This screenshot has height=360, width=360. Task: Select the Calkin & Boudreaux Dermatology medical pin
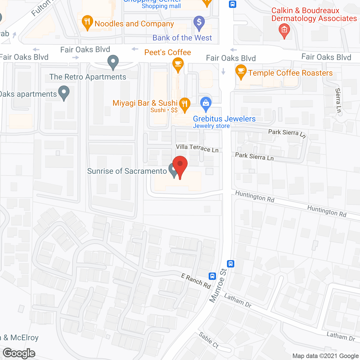[284, 30]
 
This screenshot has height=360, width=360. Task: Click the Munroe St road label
[218, 286]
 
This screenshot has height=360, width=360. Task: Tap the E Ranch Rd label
[196, 281]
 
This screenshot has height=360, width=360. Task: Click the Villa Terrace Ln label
[197, 148]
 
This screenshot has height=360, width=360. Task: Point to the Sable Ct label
[209, 340]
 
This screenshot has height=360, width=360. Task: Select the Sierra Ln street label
[338, 100]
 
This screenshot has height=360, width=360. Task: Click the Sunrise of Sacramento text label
[127, 171]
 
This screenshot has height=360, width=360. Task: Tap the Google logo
[19, 353]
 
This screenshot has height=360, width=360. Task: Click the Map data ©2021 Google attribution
[325, 356]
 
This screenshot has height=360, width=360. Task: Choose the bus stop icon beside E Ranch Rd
[212, 276]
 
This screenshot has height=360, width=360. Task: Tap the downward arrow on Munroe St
[223, 71]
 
